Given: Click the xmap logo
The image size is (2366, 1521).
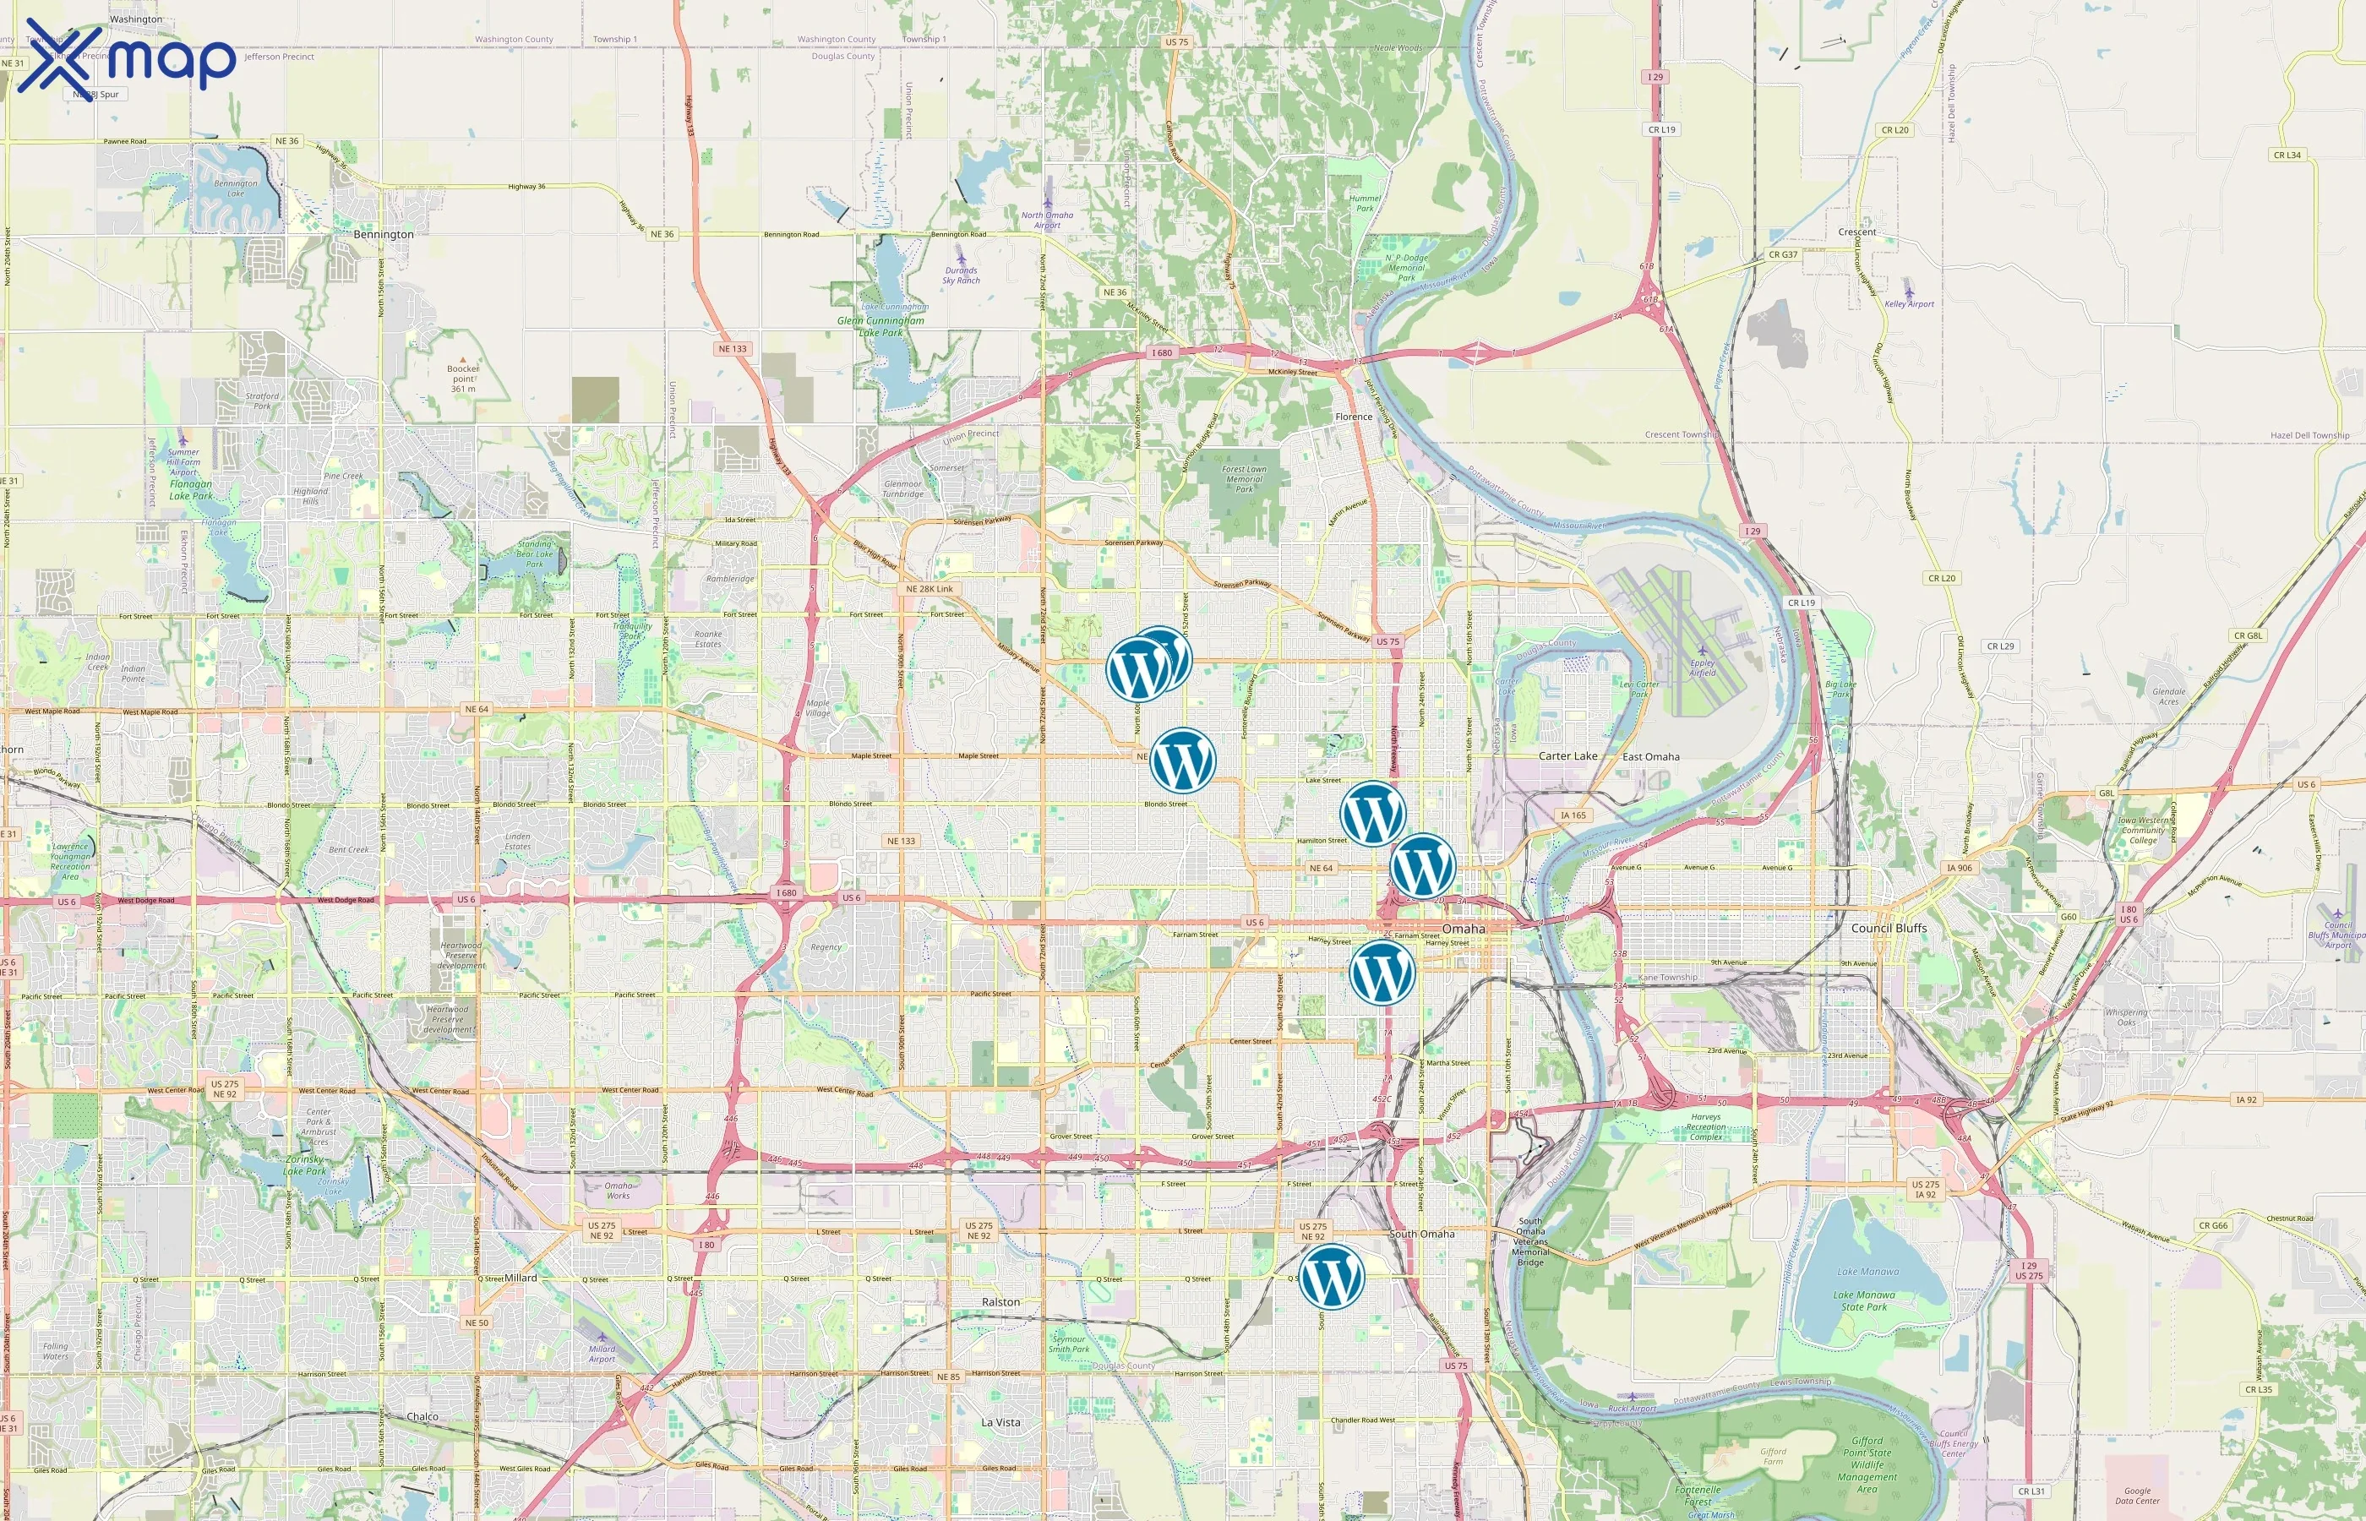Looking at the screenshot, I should pyautogui.click(x=127, y=59).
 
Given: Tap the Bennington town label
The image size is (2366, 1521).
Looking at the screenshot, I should pyautogui.click(x=383, y=235).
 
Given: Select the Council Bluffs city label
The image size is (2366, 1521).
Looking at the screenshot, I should pyautogui.click(x=1888, y=929).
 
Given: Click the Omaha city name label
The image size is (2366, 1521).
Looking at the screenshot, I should pyautogui.click(x=1463, y=929).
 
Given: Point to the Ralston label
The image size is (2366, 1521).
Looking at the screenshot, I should pyautogui.click(x=1000, y=1302).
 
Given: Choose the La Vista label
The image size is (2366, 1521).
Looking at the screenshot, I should pyautogui.click(x=1000, y=1422).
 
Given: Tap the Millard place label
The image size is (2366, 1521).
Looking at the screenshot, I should pyautogui.click(x=521, y=1278).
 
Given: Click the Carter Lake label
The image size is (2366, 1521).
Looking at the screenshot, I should pyautogui.click(x=1567, y=756).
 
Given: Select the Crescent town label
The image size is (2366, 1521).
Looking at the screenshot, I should pyautogui.click(x=1856, y=232).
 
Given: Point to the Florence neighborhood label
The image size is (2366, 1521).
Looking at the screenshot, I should pyautogui.click(x=1353, y=417).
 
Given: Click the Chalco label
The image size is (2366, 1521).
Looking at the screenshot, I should pyautogui.click(x=422, y=1416).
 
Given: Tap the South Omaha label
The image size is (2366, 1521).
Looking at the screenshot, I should pyautogui.click(x=1422, y=1234).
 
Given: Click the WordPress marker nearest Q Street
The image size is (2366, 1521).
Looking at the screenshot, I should pyautogui.click(x=1331, y=1276).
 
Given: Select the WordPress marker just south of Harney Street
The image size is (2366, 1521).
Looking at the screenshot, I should pyautogui.click(x=1382, y=973).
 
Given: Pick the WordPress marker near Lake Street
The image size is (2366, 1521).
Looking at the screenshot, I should pyautogui.click(x=1371, y=813).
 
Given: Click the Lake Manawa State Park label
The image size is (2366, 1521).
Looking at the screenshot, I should pyautogui.click(x=1863, y=1300).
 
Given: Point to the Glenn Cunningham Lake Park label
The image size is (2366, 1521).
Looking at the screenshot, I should pyautogui.click(x=880, y=326).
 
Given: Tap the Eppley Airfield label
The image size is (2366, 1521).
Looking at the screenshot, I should pyautogui.click(x=1702, y=668).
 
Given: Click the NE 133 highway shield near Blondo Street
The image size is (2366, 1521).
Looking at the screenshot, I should pyautogui.click(x=901, y=842).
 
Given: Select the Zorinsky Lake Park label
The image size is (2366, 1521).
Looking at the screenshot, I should pyautogui.click(x=304, y=1165).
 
